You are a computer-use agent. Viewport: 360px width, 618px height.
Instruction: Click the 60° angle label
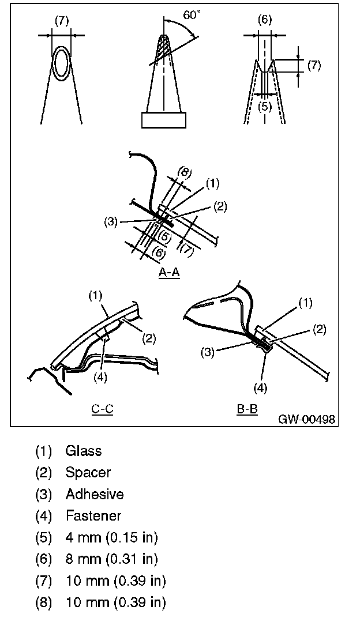[193, 16]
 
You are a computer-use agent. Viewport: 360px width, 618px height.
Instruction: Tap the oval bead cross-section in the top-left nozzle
[62, 63]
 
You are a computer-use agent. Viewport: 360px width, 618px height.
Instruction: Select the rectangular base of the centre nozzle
[164, 120]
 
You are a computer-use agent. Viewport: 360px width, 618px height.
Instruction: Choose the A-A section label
[169, 273]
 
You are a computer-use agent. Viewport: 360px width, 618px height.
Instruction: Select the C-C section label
[102, 409]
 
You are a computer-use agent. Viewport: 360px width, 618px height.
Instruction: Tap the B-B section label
[247, 409]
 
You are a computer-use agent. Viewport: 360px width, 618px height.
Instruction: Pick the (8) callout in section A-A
[183, 172]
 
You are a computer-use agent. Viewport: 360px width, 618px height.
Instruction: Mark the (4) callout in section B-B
[261, 388]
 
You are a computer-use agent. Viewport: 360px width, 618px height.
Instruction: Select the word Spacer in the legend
[88, 472]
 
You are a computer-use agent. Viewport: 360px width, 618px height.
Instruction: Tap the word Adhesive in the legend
[94, 494]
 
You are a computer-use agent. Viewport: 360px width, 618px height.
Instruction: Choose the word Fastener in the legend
[93, 516]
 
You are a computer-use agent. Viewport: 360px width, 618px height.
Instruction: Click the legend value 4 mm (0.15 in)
[111, 538]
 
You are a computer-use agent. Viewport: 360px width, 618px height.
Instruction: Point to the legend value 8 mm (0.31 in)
[111, 559]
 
